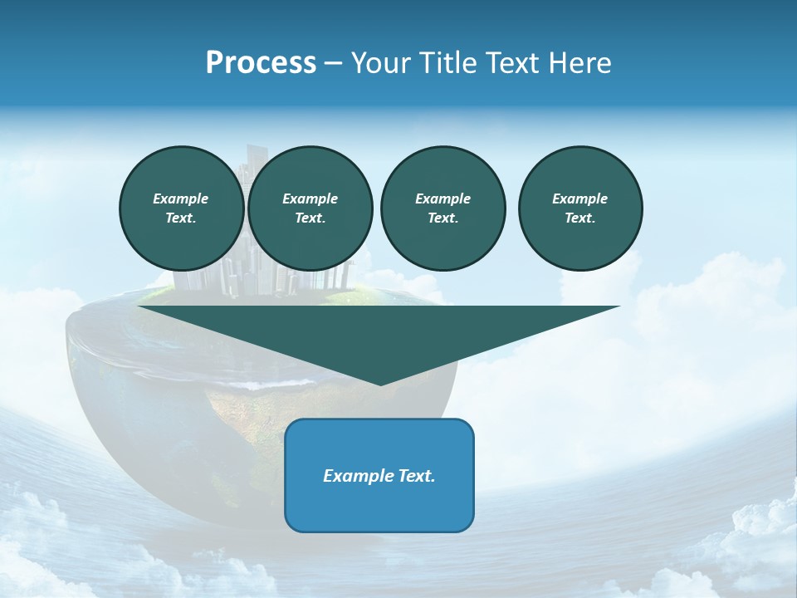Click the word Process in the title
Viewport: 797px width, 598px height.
click(x=261, y=63)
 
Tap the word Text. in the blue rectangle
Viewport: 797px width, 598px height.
click(x=416, y=476)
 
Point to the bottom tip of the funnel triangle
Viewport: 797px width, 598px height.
click(x=380, y=385)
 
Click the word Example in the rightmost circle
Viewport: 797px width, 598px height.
click(x=580, y=199)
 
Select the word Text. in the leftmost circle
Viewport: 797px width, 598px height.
click(x=181, y=218)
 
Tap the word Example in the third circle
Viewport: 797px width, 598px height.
click(x=443, y=199)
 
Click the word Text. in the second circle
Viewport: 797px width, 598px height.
click(x=310, y=218)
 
